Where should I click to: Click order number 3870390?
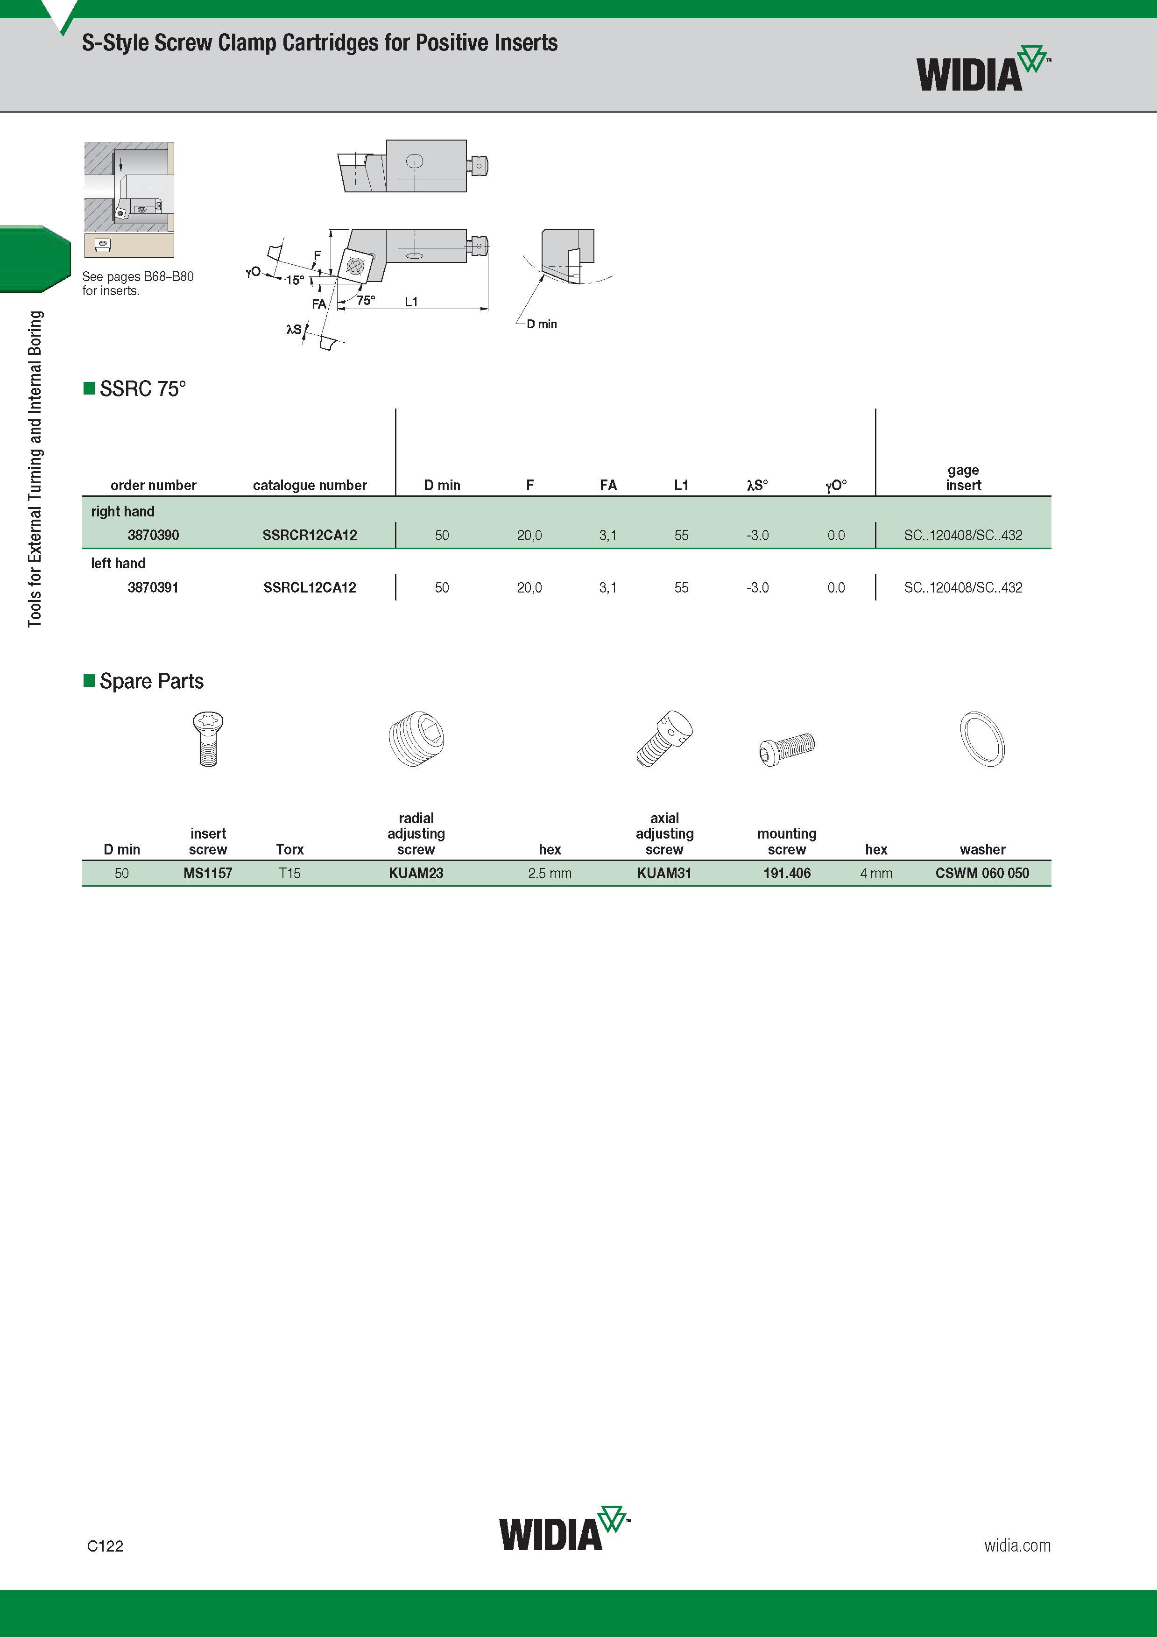(153, 535)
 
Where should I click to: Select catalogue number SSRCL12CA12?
(310, 587)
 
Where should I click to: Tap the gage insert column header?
(963, 478)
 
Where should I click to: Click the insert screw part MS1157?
(207, 873)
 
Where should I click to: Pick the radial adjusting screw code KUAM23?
(416, 873)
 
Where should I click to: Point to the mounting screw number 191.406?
(787, 873)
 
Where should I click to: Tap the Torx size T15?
(289, 873)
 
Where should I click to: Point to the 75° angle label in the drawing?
(366, 300)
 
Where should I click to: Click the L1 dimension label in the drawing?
(411, 302)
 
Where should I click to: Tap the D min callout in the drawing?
(542, 324)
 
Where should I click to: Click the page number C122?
(105, 1546)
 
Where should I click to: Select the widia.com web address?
(1017, 1545)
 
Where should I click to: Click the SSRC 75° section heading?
(142, 388)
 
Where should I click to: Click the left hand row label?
(118, 563)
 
